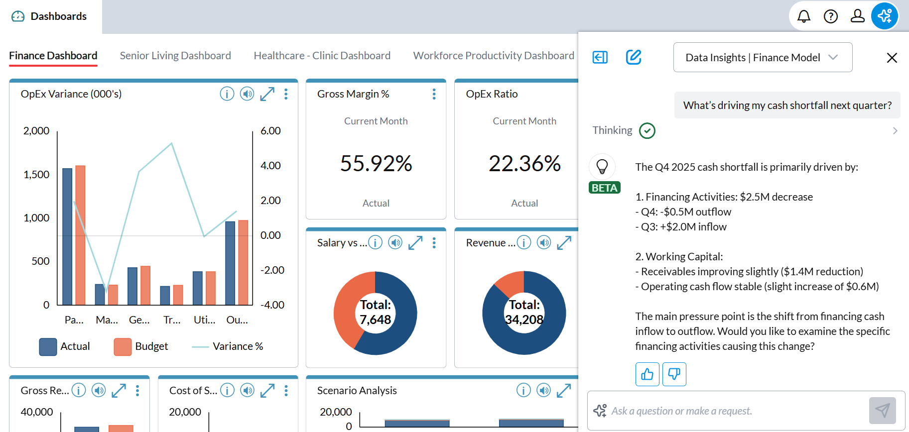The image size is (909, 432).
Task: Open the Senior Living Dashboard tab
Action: (175, 56)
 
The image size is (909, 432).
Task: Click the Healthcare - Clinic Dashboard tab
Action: (322, 56)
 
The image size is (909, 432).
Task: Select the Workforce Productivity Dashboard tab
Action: (493, 56)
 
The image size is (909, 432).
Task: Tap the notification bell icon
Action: (803, 16)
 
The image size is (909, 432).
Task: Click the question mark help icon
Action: (830, 16)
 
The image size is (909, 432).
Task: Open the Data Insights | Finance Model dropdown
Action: (762, 58)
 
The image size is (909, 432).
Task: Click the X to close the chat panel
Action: (892, 58)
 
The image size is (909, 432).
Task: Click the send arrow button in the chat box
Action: (882, 410)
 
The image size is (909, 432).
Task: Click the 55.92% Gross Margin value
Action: (376, 164)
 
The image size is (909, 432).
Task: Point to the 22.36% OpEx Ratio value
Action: (524, 164)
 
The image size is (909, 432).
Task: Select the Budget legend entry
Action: (141, 346)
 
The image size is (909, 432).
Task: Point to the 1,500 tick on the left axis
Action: (36, 175)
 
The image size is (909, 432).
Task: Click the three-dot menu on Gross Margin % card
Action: (434, 94)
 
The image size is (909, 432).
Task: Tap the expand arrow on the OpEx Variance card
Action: (267, 94)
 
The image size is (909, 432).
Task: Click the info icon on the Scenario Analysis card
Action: (523, 391)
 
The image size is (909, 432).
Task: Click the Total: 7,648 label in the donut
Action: (375, 312)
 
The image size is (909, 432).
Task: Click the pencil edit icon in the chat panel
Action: (633, 57)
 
